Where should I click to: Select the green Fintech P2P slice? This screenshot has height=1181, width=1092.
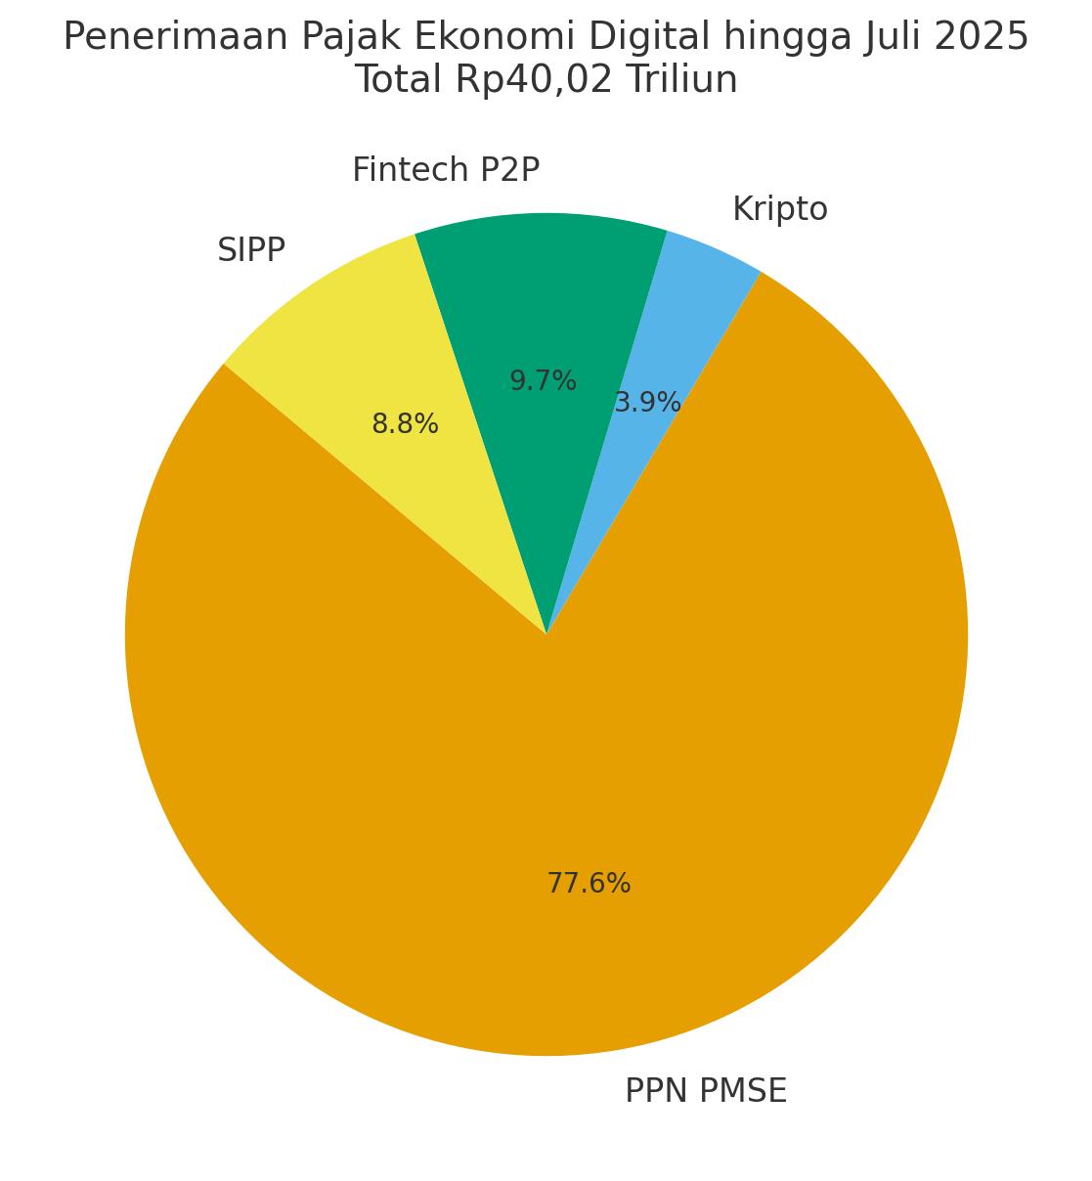tap(547, 293)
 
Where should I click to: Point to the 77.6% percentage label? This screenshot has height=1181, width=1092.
tap(589, 884)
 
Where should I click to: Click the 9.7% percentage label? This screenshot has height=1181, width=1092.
tap(543, 381)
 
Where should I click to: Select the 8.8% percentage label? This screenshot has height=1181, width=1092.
tap(405, 424)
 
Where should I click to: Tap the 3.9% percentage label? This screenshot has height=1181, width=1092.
tap(647, 403)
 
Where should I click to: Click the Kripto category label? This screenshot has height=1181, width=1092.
tap(779, 209)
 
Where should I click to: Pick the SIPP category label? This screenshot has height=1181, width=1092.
tap(251, 250)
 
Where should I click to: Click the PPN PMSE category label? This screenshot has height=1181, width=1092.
tap(706, 1090)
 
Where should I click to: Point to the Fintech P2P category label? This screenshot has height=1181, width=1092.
tap(446, 170)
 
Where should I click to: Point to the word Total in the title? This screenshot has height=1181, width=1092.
tap(399, 80)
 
